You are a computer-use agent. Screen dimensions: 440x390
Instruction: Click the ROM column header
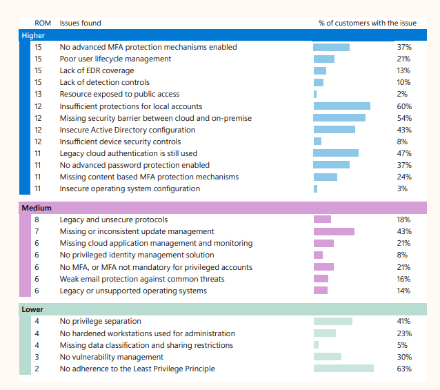[43, 23]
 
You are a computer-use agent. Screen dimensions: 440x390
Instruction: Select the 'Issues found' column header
[80, 23]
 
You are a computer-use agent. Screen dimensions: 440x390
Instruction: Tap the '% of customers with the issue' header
[368, 23]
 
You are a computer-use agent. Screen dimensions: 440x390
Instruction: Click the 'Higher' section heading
[33, 35]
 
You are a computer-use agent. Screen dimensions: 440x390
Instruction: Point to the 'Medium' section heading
[37, 208]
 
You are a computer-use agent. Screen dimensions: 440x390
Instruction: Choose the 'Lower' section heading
[32, 309]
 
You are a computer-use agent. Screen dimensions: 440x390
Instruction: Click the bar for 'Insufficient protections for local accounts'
[342, 106]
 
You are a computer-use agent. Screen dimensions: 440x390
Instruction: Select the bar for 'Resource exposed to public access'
[315, 94]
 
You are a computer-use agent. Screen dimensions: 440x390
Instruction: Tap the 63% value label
[404, 369]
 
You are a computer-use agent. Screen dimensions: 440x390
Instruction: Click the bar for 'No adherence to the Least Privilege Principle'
[343, 369]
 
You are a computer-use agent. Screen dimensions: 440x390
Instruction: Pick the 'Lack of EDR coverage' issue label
[97, 70]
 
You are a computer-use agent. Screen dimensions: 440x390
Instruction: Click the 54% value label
[404, 118]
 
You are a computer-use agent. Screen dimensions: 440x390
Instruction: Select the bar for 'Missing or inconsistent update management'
[334, 231]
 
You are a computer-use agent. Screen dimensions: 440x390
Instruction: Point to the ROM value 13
[38, 94]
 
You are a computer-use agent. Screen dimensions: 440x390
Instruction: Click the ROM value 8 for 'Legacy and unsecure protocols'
[37, 220]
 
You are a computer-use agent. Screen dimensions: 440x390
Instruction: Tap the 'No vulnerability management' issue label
[112, 357]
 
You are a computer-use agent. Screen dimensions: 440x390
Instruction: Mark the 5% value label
[402, 345]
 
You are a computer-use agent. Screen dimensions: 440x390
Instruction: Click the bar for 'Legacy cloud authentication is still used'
[336, 153]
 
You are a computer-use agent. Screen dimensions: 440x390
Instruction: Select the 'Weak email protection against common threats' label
[142, 279]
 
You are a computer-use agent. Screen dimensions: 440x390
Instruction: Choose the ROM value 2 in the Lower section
[37, 369]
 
